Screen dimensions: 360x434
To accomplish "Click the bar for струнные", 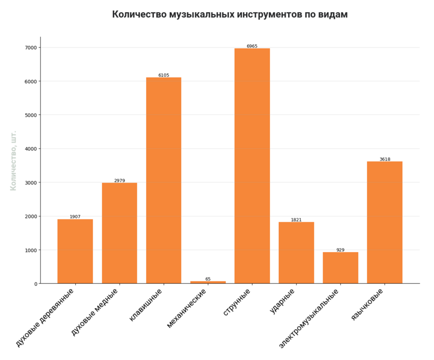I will pos(252,166).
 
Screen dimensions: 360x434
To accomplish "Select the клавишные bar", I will pos(163,180).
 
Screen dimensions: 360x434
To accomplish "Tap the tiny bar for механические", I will pos(208,282).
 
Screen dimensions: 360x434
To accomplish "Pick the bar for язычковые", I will pos(384,222).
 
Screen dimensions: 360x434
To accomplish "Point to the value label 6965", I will pos(252,46).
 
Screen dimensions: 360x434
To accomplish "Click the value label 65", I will pos(208,279).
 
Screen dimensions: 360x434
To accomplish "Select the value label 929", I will pos(340,250).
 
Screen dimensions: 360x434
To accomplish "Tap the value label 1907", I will pos(75,217).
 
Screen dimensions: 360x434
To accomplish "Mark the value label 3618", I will pos(385,160).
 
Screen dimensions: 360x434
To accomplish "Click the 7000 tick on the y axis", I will pos(31,48).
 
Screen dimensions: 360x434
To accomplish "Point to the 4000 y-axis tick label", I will pos(31,149).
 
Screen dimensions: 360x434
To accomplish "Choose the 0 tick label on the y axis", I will pos(35,284).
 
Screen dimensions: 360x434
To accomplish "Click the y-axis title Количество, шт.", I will pos(14,160).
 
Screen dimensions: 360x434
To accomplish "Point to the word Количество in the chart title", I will pos(139,14).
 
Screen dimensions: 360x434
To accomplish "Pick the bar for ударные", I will pos(296,253).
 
